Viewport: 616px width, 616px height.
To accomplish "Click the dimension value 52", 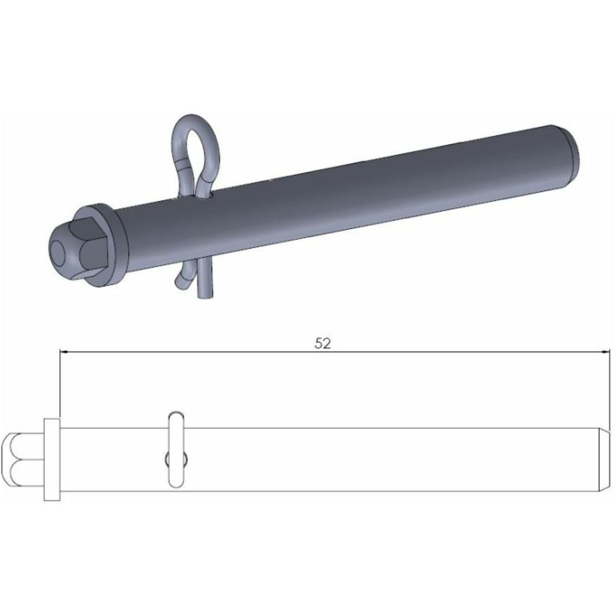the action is click(323, 343).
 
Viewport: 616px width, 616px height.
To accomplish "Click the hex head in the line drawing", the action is click(22, 460).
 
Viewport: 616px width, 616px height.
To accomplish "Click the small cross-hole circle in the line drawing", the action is click(176, 459).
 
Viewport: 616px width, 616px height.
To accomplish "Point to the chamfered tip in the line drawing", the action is click(605, 459).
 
